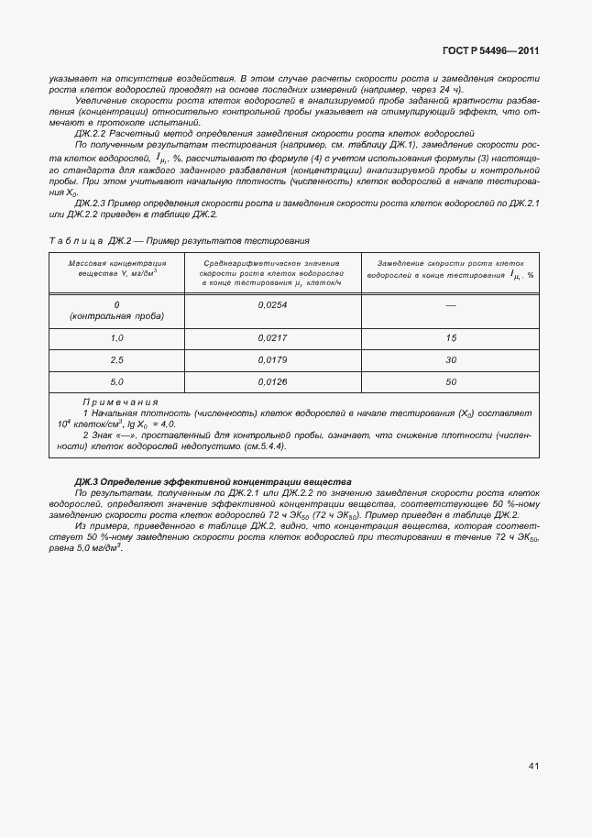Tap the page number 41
(x=533, y=765)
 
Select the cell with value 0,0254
(x=273, y=304)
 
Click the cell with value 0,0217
(x=273, y=338)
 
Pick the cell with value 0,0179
(x=273, y=359)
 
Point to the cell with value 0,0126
(x=273, y=381)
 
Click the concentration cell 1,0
(x=116, y=338)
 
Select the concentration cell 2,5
(x=116, y=359)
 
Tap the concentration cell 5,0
(x=116, y=381)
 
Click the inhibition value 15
(x=451, y=338)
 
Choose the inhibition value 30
(x=451, y=359)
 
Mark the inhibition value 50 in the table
(x=451, y=381)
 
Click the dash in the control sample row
(x=451, y=305)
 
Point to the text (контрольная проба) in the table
(x=117, y=316)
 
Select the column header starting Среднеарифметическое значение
(x=273, y=273)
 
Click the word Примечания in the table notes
(x=120, y=402)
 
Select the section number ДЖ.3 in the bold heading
(x=86, y=481)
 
